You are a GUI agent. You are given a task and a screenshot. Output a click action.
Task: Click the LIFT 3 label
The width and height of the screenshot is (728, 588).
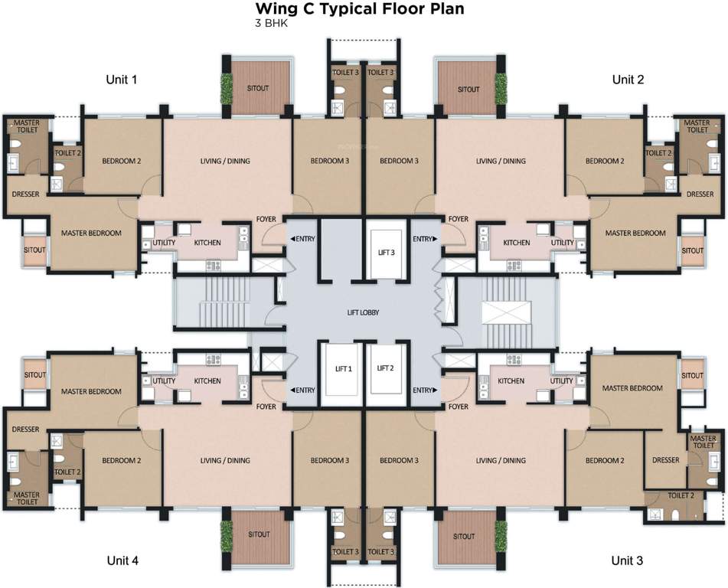click(387, 252)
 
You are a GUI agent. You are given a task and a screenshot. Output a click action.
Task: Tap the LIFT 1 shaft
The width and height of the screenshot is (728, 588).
click(344, 369)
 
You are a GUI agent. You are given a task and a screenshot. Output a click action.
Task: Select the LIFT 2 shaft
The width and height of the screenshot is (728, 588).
click(385, 369)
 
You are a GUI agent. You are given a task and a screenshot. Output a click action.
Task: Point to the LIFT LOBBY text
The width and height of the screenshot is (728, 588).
click(363, 312)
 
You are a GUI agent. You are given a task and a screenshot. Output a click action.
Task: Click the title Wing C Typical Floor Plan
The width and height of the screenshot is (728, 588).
click(360, 8)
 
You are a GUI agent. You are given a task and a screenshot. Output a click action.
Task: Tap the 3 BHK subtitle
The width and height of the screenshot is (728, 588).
click(271, 23)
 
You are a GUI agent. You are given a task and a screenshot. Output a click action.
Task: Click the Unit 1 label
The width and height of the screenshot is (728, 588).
click(122, 80)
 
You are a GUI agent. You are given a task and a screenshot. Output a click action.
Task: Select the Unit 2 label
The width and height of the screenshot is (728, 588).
click(628, 80)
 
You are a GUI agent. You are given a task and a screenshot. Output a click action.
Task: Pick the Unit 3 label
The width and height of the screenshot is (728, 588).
click(627, 560)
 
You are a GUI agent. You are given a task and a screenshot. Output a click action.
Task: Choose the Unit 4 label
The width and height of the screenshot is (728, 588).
click(122, 560)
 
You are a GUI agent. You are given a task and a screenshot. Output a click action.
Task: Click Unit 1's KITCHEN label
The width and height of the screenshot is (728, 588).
click(207, 243)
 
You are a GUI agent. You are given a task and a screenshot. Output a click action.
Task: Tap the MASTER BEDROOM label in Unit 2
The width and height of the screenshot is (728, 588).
click(635, 233)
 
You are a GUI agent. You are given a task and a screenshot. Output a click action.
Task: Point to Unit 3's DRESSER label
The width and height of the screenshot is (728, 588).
click(666, 460)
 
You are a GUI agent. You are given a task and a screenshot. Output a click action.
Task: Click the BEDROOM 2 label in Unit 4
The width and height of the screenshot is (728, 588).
click(122, 460)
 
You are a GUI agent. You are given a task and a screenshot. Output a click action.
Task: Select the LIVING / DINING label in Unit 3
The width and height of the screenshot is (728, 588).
click(501, 460)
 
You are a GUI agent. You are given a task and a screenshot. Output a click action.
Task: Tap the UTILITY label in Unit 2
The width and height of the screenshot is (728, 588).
click(562, 243)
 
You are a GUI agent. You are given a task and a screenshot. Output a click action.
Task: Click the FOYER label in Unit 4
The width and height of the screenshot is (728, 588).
click(266, 407)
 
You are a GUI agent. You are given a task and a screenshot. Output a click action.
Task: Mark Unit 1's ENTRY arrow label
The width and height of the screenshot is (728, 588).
click(302, 239)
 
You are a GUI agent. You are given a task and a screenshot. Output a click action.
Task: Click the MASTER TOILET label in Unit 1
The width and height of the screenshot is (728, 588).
click(27, 126)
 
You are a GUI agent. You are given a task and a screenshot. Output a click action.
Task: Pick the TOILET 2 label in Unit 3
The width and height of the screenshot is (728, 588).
click(681, 495)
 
